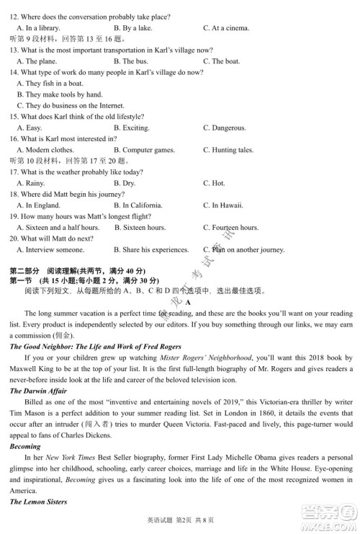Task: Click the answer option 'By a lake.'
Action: point(136,28)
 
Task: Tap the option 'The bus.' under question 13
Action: point(135,61)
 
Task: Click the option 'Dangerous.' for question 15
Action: point(228,128)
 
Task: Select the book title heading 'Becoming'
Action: point(25,446)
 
